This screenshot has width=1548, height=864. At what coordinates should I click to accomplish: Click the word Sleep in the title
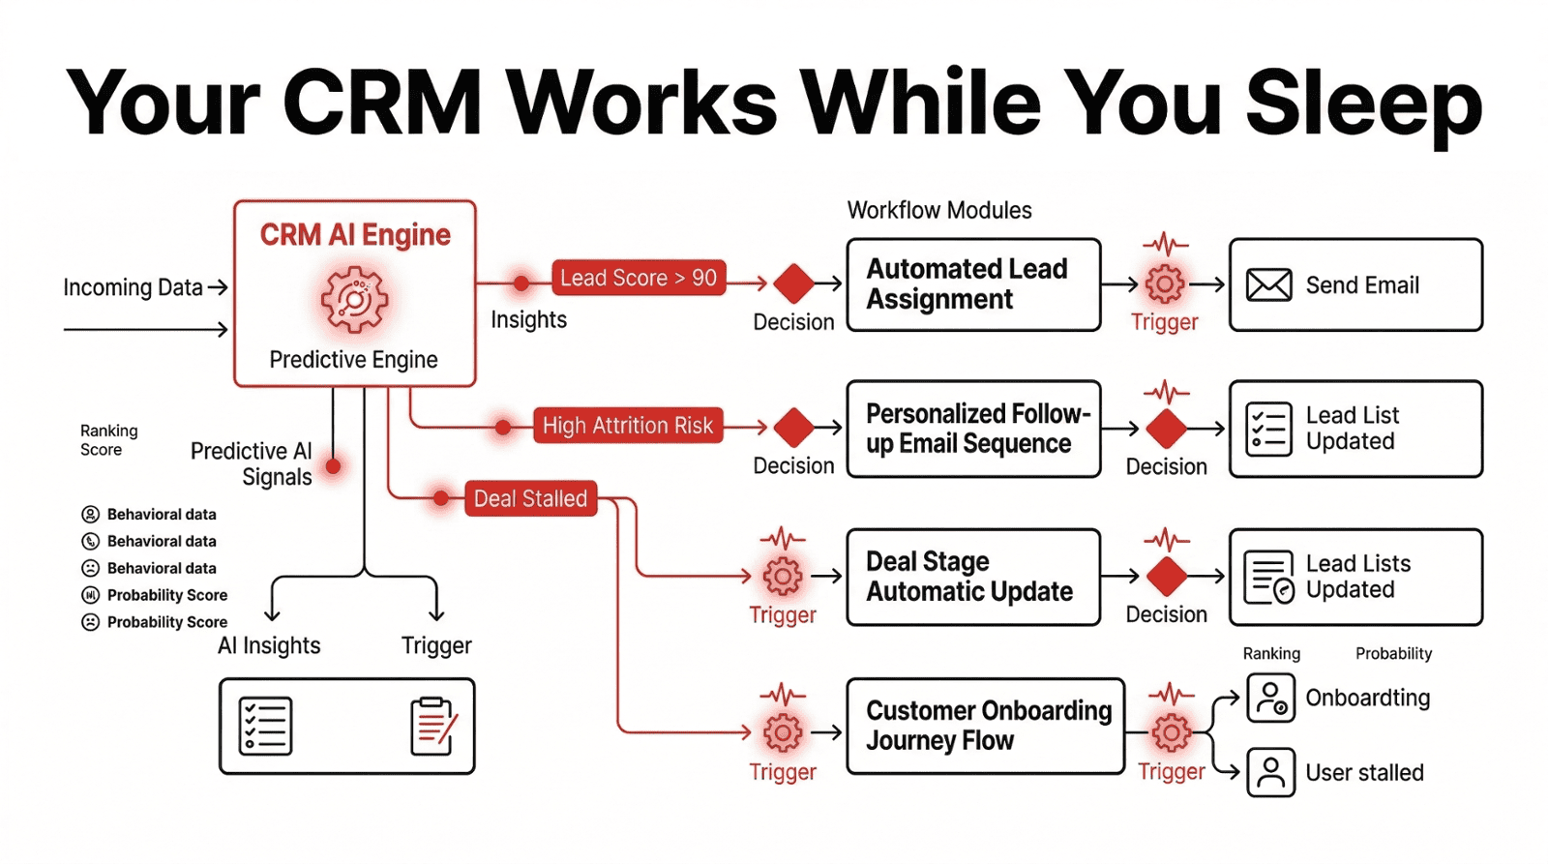pos(1363,104)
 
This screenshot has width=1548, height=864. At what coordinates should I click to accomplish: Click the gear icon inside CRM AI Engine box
pos(354,300)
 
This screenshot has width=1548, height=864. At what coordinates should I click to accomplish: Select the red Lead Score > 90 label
pos(639,278)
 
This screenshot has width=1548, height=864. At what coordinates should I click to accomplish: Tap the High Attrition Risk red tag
pos(627,426)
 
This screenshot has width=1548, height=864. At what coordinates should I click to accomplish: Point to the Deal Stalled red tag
pos(530,498)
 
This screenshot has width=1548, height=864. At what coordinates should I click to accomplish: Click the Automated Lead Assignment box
pos(973,284)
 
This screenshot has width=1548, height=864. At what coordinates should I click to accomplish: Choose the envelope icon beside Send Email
pos(1268,285)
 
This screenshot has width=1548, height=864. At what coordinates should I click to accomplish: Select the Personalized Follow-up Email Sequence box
pos(973,429)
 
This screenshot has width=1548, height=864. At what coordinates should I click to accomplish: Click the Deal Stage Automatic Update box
pos(973,577)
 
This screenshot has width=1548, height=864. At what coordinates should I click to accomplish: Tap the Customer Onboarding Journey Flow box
pos(985,726)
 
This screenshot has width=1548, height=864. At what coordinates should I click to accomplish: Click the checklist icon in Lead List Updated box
pos(1268,429)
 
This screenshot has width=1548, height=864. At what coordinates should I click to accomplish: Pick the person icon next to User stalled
pos(1270,772)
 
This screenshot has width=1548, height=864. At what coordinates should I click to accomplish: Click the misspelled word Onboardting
pos(1367,698)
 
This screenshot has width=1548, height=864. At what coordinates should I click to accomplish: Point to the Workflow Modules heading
pos(938,210)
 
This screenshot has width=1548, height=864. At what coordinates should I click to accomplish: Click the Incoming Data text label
pos(133,287)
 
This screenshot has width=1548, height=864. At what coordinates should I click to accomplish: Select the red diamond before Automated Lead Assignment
pos(794,283)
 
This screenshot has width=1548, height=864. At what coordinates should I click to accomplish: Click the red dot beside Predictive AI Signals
pos(334,466)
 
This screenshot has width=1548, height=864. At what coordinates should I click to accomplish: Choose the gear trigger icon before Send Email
pos(1165,283)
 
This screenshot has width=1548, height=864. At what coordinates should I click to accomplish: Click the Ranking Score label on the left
pos(108,440)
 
